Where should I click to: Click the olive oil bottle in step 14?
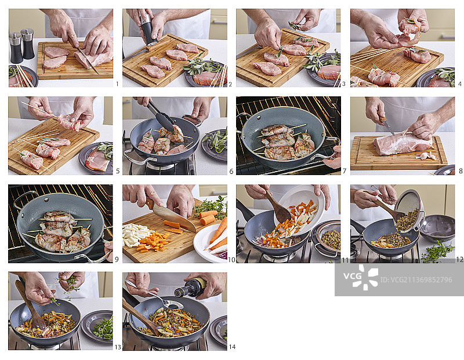click(192, 287)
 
